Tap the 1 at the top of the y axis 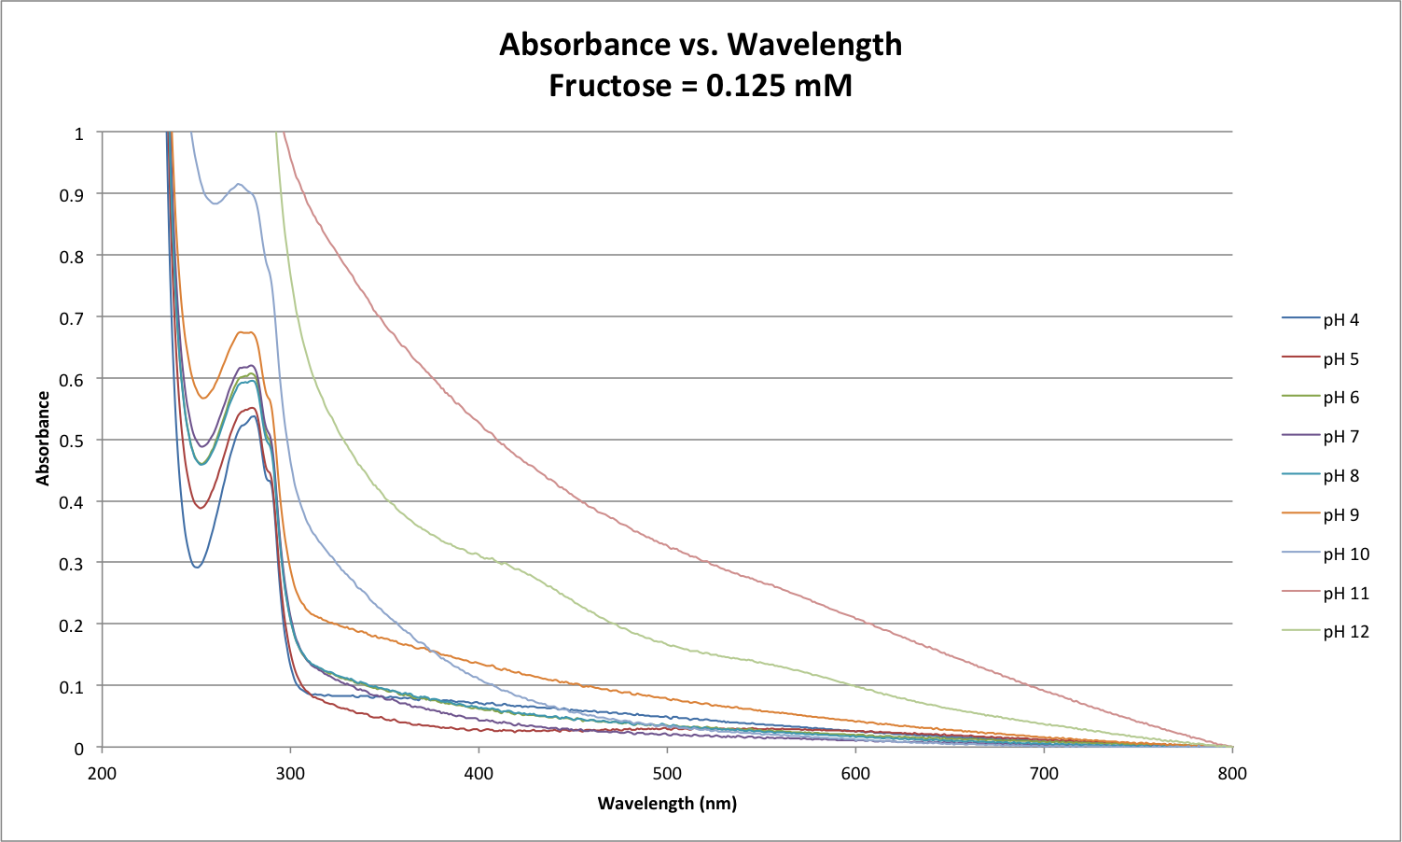click(79, 133)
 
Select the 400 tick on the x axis click(479, 773)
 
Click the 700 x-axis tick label click(1044, 773)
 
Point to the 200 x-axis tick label click(102, 773)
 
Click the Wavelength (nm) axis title click(667, 804)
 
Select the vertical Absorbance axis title click(43, 439)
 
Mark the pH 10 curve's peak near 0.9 click(240, 184)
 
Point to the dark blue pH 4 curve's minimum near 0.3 click(196, 567)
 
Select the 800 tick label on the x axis click(1232, 773)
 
